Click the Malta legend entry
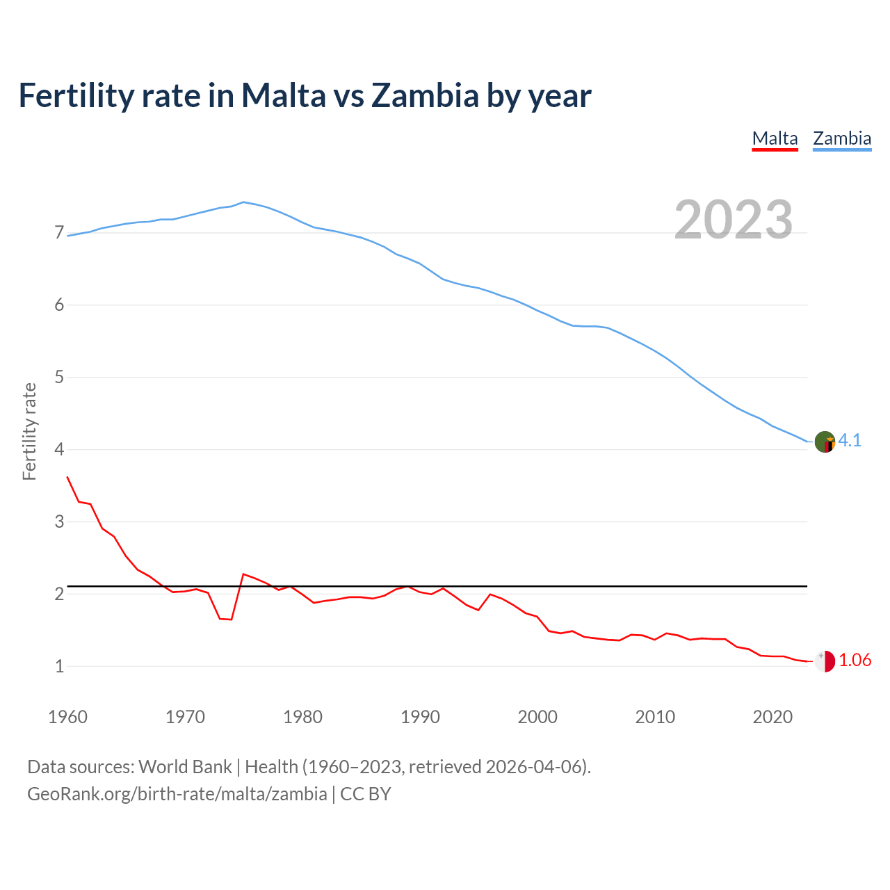[775, 138]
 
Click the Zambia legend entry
[842, 138]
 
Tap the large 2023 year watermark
[734, 220]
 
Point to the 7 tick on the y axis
[59, 233]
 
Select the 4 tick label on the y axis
[59, 450]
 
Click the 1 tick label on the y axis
[59, 667]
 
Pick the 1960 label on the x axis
[67, 717]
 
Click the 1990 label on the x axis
[420, 717]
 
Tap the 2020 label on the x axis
[772, 717]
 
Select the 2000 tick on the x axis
[537, 717]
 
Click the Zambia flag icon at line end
[825, 442]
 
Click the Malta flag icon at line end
[825, 661]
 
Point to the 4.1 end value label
[850, 441]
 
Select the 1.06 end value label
[855, 661]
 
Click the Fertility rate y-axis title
[29, 431]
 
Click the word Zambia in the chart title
[425, 95]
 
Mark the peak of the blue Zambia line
[243, 202]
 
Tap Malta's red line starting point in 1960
[67, 477]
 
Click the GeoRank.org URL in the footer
[177, 794]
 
